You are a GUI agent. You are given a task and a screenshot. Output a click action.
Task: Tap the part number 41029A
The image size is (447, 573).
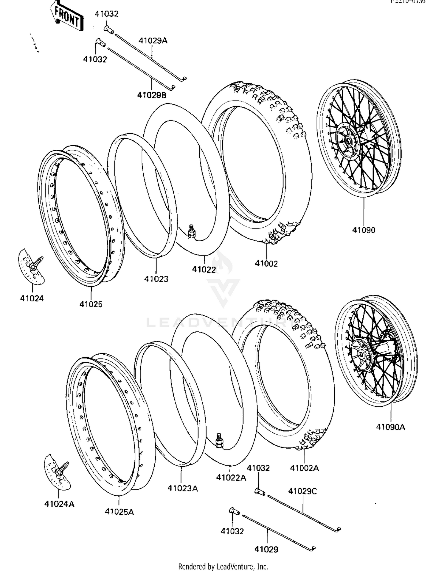tap(153, 41)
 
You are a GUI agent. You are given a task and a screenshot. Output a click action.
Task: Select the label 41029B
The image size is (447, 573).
tap(152, 95)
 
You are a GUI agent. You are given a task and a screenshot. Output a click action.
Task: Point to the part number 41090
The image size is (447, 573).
tap(364, 230)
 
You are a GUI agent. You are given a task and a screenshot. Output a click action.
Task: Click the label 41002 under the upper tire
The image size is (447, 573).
tap(266, 264)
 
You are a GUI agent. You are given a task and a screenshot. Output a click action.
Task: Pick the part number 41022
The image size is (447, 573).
tap(204, 270)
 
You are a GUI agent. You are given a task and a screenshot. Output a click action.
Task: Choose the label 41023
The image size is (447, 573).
tap(156, 279)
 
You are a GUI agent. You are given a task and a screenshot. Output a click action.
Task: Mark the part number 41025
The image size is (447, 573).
tap(91, 304)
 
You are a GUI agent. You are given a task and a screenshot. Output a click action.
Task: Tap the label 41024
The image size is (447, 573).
tap(32, 298)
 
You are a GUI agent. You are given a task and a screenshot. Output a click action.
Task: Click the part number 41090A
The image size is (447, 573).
tap(390, 427)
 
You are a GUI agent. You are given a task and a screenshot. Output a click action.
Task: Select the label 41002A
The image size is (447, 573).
tap(304, 468)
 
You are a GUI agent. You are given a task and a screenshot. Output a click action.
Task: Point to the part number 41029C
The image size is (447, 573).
tap(302, 491)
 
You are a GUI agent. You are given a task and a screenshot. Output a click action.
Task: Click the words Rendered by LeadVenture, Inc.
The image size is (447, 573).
tap(223, 566)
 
